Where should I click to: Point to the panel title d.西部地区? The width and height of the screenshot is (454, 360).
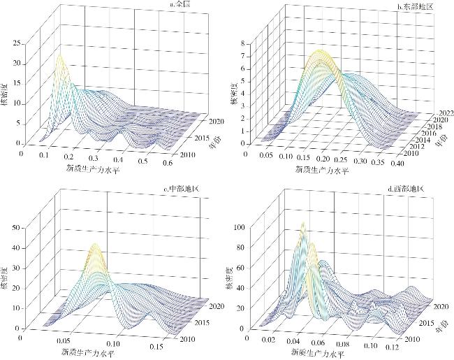(x=410, y=187)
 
